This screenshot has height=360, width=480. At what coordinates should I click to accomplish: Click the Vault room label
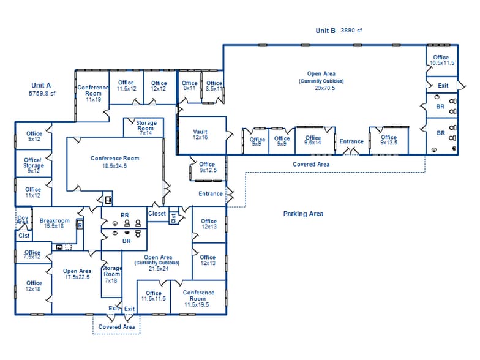point(200,135)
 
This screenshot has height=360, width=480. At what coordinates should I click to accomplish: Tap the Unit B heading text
point(325,30)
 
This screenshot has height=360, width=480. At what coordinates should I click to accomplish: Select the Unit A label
point(41,85)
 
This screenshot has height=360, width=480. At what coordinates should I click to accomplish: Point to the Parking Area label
point(303,214)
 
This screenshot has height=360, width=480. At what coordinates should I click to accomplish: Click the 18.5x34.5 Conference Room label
point(114,162)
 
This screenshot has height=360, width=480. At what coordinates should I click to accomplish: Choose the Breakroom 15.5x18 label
point(54,223)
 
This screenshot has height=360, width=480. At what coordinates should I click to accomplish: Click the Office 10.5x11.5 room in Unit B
point(441,60)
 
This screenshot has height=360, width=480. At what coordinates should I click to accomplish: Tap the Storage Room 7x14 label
point(146,127)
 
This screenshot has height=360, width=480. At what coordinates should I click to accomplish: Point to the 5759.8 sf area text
point(42,94)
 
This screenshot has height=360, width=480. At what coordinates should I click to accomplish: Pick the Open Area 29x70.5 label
point(321,81)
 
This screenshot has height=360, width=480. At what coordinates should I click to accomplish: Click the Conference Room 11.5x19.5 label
point(198,298)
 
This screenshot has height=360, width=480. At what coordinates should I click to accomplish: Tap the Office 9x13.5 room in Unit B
point(389,140)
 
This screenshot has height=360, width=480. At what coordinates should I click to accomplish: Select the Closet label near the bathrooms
point(157,214)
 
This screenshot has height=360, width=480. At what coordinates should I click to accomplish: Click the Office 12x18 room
point(34,286)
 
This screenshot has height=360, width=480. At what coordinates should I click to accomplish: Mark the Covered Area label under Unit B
point(311,164)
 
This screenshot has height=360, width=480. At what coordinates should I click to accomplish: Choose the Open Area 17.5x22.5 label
point(77,274)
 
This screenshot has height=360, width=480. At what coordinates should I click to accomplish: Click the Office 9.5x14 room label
point(313,140)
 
